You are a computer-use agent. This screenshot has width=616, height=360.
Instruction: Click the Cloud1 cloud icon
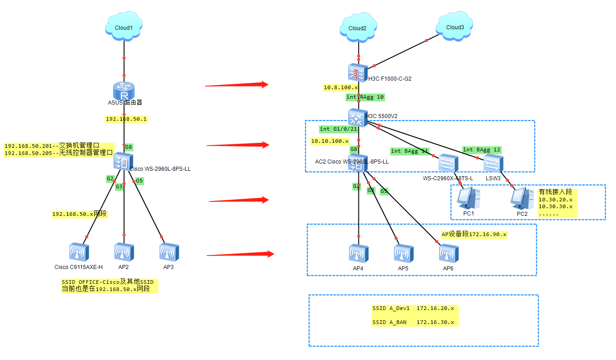[124, 27]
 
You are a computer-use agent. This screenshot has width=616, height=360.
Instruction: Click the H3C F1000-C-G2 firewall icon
[358, 73]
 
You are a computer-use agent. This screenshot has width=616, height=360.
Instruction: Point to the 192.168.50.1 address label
[127, 119]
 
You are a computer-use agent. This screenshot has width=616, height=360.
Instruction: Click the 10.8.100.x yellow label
[341, 87]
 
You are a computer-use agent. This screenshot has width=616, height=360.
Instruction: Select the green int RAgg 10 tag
[365, 97]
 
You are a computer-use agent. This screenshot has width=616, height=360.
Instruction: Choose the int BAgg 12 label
[481, 150]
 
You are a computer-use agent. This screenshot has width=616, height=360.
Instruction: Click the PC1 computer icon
[467, 198]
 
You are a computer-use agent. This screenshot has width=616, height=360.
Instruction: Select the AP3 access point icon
[169, 253]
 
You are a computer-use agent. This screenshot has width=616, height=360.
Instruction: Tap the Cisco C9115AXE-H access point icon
[79, 253]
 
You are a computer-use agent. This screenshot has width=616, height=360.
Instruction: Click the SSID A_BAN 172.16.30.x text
[413, 322]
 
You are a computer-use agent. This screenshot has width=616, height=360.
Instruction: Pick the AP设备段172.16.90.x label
[474, 234]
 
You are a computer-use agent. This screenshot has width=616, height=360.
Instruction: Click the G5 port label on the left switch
[140, 181]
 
